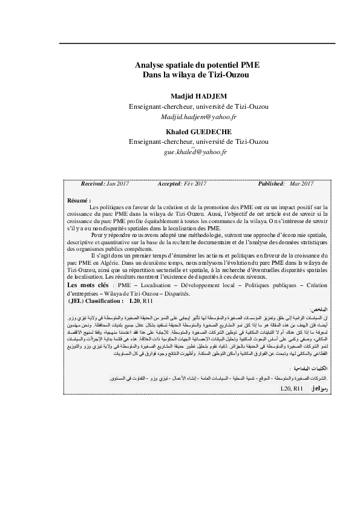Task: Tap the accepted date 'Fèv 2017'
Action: [195, 183]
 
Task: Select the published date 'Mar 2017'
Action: [301, 183]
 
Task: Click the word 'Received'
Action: [92, 183]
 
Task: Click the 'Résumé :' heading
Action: [79, 199]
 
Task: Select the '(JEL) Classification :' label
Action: [96, 300]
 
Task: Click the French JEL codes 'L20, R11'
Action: [143, 300]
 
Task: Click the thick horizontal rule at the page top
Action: [197, 42]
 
